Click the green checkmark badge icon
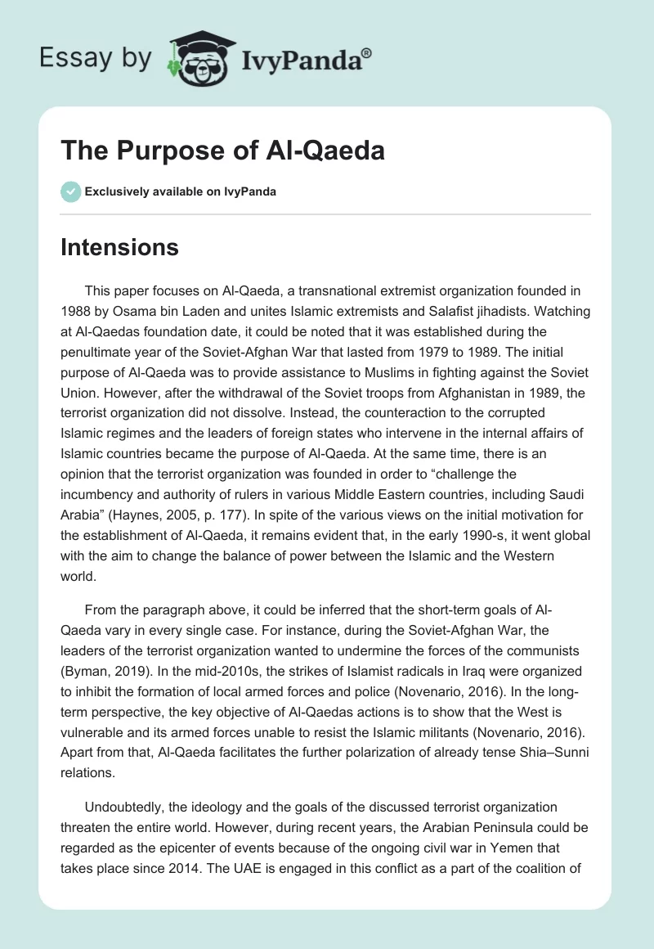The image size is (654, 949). (69, 191)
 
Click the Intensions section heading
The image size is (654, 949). (119, 247)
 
